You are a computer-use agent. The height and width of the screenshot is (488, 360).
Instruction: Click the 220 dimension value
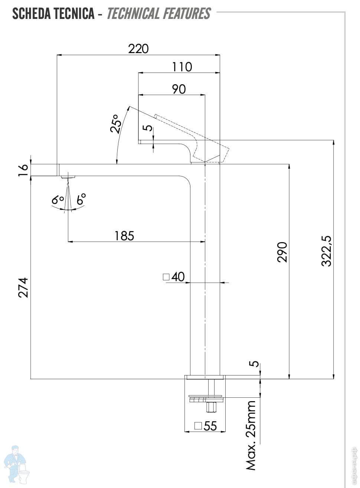pyautogui.click(x=138, y=49)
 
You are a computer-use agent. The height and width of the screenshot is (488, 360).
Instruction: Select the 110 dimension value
pyautogui.click(x=182, y=67)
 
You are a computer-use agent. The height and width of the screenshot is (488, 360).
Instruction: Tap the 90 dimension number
pyautogui.click(x=179, y=89)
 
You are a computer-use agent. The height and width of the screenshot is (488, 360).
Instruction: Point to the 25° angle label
pyautogui.click(x=116, y=124)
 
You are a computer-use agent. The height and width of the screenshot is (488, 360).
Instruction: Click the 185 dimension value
pyautogui.click(x=124, y=236)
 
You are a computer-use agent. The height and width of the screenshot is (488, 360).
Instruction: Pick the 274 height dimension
pyautogui.click(x=23, y=287)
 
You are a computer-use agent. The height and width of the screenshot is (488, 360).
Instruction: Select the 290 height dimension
pyautogui.click(x=282, y=252)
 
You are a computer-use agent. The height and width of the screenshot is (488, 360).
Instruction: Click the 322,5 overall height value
pyautogui.click(x=327, y=251)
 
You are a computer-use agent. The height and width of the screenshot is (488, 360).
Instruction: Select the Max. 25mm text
pyautogui.click(x=251, y=435)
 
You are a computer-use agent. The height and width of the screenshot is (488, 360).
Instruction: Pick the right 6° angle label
pyautogui.click(x=81, y=199)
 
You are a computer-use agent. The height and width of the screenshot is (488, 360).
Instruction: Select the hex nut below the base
pyautogui.click(x=211, y=407)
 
